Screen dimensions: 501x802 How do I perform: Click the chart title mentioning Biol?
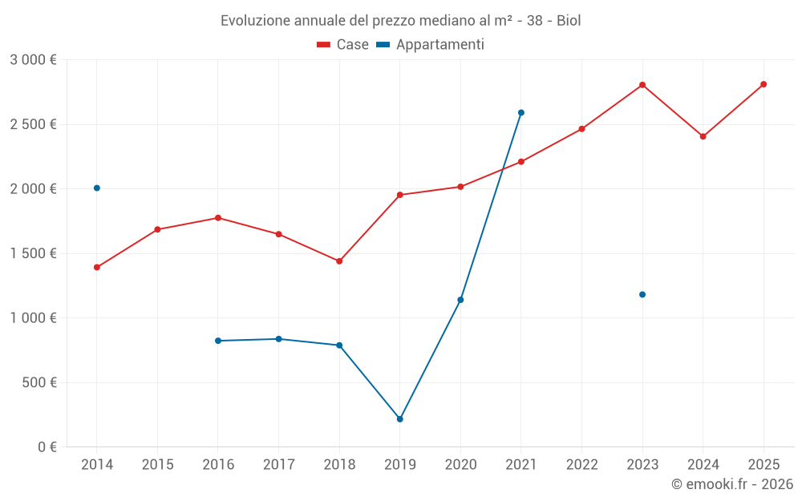(x=400, y=20)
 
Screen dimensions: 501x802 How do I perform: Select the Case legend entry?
(x=342, y=45)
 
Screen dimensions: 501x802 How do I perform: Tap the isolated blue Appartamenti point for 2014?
(x=97, y=188)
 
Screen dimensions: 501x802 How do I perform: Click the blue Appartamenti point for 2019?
(x=400, y=419)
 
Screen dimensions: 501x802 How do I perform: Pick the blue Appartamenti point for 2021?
(x=521, y=113)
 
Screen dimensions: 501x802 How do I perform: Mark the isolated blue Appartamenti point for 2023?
(x=642, y=295)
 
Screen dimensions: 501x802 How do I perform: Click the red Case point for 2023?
(x=642, y=85)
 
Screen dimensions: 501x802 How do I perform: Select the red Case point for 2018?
(x=339, y=261)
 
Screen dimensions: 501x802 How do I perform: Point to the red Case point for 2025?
(x=764, y=84)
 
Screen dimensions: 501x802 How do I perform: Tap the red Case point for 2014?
(x=97, y=268)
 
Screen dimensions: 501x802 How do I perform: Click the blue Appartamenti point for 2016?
(x=218, y=341)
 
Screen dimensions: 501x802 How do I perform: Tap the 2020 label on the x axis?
(x=460, y=465)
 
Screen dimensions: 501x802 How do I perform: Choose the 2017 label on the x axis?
(x=278, y=465)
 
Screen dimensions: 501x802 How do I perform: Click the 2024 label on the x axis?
(x=703, y=465)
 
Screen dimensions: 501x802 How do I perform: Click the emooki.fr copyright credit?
(x=731, y=484)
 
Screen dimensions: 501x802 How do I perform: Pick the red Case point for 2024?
(x=703, y=136)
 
